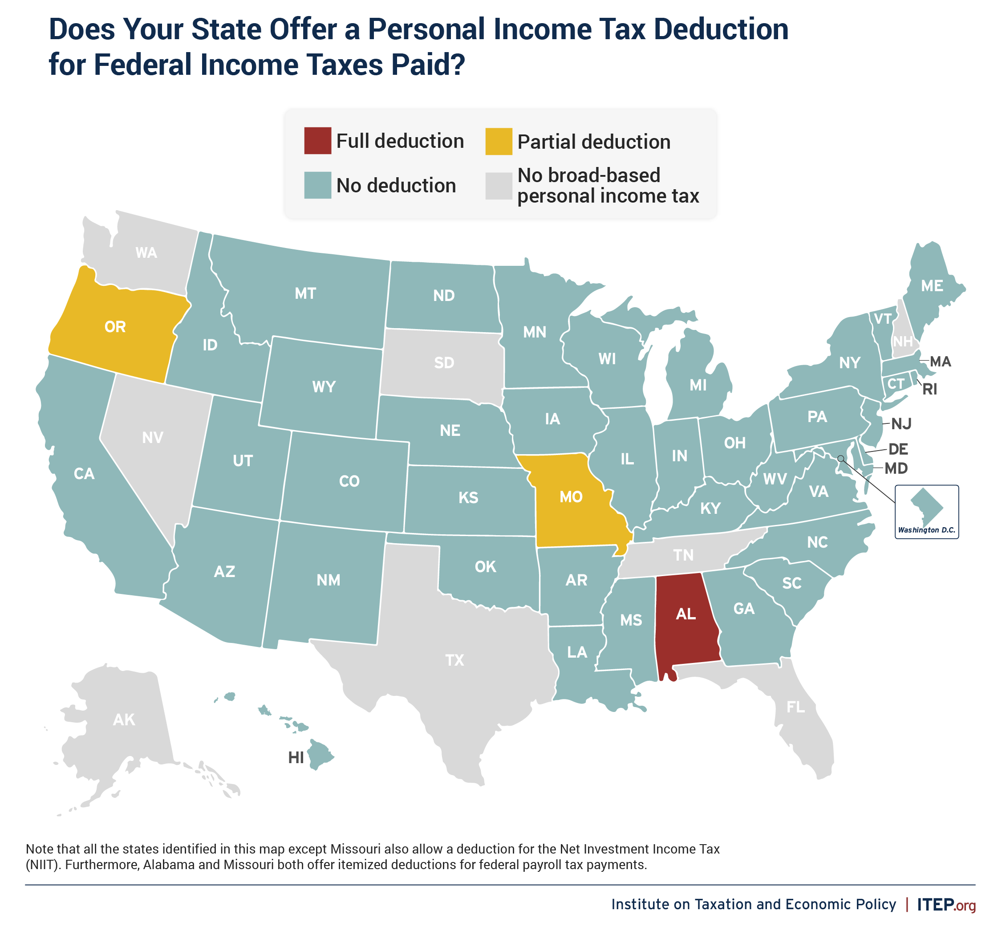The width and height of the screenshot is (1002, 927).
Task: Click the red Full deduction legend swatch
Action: (x=317, y=141)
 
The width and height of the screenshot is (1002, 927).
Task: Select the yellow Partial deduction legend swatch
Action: (x=499, y=142)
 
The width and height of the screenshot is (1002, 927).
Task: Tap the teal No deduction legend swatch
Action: (x=317, y=185)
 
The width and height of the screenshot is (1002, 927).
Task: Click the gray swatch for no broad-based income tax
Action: (x=499, y=186)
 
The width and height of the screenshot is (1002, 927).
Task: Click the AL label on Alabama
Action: (x=686, y=614)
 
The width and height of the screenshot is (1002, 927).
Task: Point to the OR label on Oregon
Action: (x=115, y=327)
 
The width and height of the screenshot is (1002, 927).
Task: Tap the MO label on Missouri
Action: (x=571, y=497)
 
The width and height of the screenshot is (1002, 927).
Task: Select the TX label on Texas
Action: (x=455, y=660)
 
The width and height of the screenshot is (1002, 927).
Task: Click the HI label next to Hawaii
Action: (x=296, y=758)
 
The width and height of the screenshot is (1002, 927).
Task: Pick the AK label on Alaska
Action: (x=124, y=720)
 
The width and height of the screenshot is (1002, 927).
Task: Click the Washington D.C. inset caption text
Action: (x=926, y=530)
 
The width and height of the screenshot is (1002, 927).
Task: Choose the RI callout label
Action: (x=930, y=389)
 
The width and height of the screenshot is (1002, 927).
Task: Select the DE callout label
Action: (x=898, y=449)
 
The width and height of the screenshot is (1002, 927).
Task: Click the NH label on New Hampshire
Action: (x=903, y=342)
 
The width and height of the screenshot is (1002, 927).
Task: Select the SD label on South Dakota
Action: (x=444, y=363)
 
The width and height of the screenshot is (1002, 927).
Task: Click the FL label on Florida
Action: (x=795, y=707)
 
